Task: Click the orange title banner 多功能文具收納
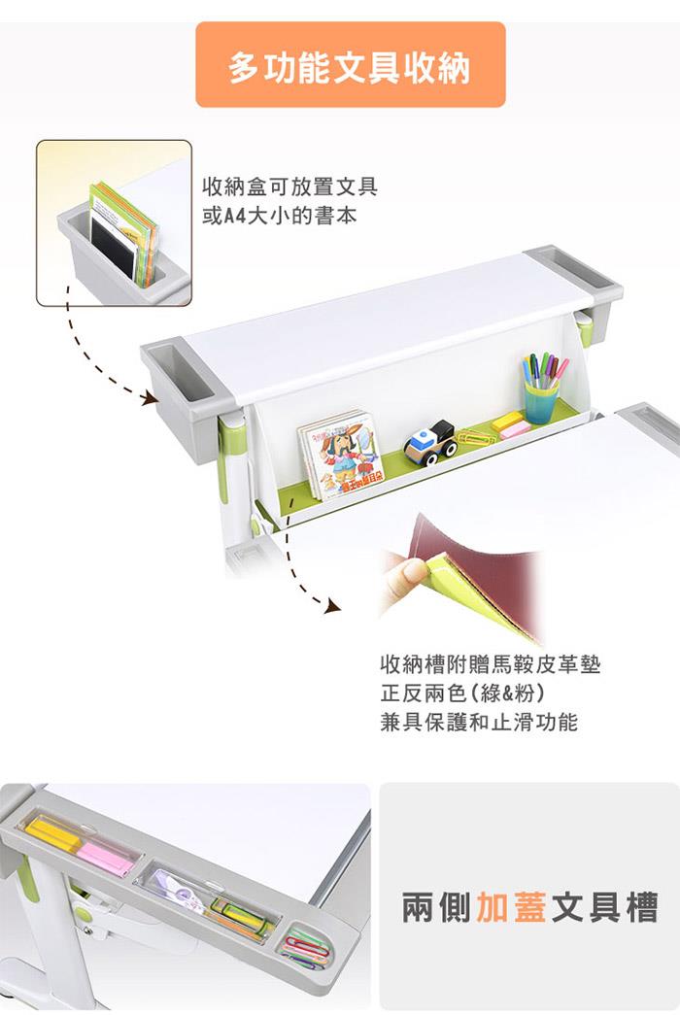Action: [351, 65]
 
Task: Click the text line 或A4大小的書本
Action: [279, 217]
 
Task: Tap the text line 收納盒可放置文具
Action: [289, 187]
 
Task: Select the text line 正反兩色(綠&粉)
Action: [462, 694]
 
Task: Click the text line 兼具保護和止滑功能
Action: [479, 722]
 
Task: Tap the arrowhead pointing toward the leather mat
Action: [333, 605]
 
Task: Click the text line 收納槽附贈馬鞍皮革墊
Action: [491, 664]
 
